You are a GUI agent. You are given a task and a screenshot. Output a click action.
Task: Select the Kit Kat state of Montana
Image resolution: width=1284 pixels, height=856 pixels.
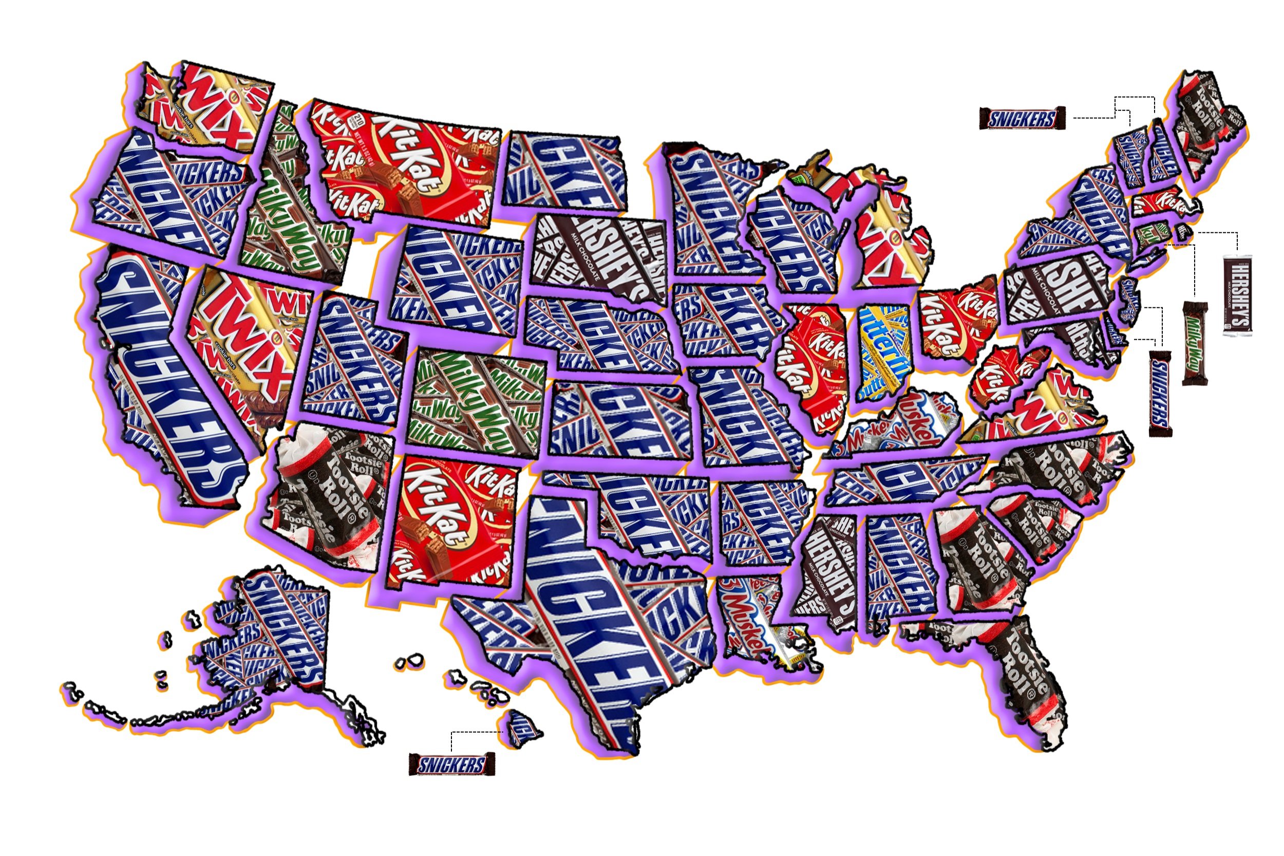tap(404, 164)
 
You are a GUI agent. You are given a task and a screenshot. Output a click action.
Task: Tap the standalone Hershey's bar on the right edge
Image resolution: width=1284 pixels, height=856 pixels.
tap(1237, 295)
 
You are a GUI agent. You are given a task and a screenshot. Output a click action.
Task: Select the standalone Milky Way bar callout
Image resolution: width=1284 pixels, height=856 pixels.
tap(1195, 343)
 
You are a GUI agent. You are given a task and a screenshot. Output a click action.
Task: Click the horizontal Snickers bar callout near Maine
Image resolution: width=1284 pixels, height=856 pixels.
tap(1022, 119)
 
